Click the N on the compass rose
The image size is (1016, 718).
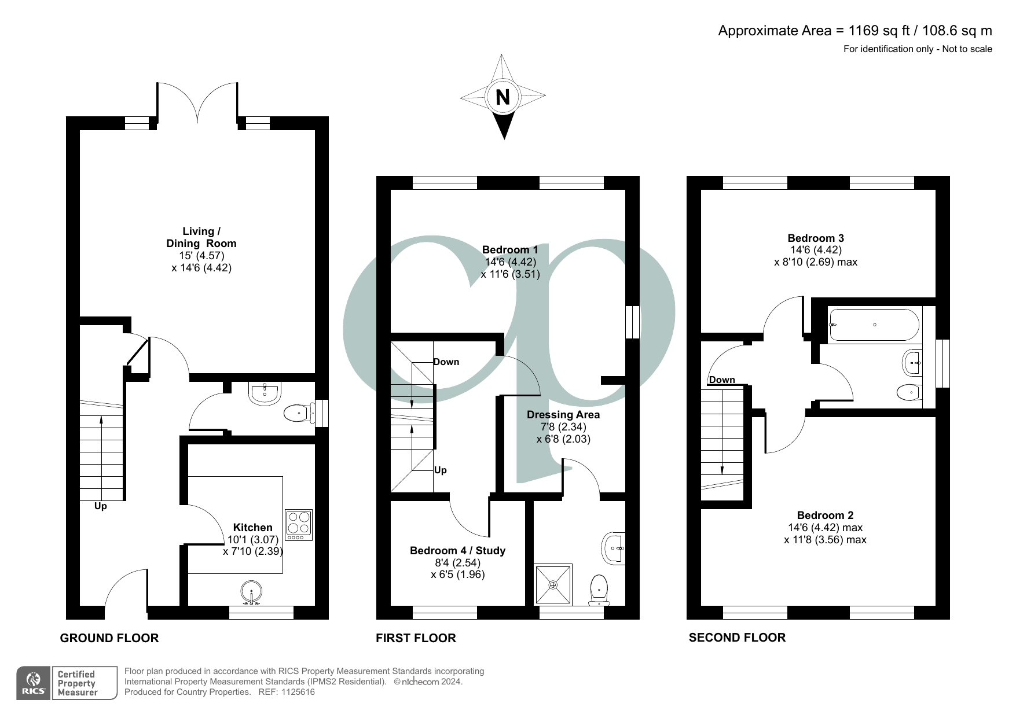[503, 97]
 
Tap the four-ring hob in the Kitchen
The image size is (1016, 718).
[299, 524]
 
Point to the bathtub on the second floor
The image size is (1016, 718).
[874, 325]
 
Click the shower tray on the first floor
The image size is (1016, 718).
[553, 585]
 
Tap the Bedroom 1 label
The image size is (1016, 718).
[510, 250]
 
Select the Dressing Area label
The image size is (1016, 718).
[563, 415]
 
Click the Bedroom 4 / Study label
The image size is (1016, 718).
[457, 551]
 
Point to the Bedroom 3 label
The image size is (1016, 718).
[815, 238]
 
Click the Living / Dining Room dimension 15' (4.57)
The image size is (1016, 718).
[201, 256]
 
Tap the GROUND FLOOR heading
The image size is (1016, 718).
[109, 638]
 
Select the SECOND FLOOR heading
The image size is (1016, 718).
[737, 638]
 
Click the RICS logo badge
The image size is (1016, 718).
[34, 683]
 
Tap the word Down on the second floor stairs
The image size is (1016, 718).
[722, 380]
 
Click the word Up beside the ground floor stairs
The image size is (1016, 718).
[101, 506]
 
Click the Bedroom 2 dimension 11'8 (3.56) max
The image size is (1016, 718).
[825, 540]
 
